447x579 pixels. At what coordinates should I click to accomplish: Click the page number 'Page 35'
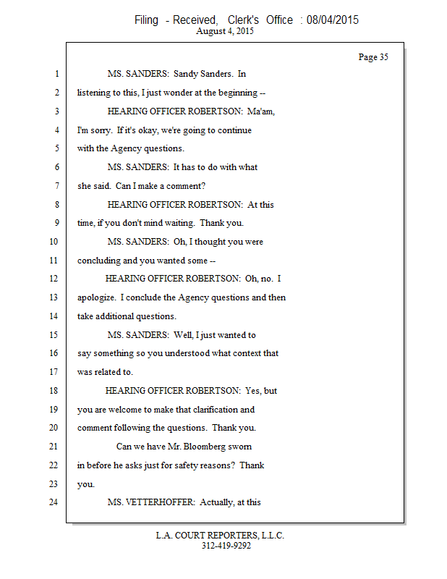coord(373,57)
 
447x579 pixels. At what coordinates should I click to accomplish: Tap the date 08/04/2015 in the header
coord(332,20)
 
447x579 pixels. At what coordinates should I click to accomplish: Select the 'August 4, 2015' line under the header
coord(223,31)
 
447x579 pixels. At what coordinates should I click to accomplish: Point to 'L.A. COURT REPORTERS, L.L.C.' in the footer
coord(221,536)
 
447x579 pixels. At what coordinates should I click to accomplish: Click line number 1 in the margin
coord(56,74)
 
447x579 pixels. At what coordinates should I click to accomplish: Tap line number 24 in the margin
coord(54,502)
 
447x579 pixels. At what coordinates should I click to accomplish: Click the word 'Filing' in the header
coord(146,20)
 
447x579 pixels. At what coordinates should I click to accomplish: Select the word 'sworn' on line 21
coord(239,447)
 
